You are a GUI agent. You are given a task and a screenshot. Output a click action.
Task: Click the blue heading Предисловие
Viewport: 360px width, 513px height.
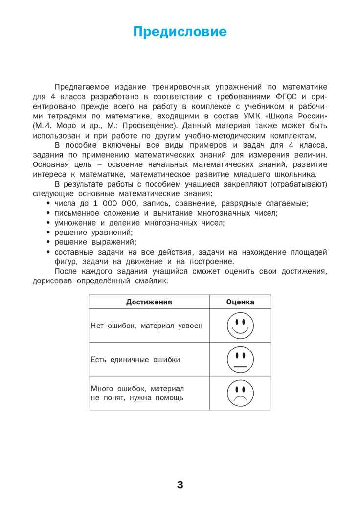[180, 32]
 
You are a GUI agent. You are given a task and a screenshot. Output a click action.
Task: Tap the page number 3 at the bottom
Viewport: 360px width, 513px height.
[180, 485]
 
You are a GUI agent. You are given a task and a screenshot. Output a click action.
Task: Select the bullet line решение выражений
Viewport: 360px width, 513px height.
[95, 242]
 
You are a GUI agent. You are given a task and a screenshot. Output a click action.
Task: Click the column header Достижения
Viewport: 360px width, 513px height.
[149, 302]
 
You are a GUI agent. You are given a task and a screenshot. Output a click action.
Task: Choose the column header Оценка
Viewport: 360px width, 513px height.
[240, 302]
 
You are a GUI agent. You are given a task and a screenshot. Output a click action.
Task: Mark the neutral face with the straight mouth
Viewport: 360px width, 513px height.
[240, 360]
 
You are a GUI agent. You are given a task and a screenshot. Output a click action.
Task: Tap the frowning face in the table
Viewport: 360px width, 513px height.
[240, 393]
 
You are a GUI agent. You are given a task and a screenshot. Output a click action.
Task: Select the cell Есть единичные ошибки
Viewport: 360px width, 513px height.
[135, 360]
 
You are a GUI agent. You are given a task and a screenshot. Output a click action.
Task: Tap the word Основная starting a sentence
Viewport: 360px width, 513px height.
[51, 164]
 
